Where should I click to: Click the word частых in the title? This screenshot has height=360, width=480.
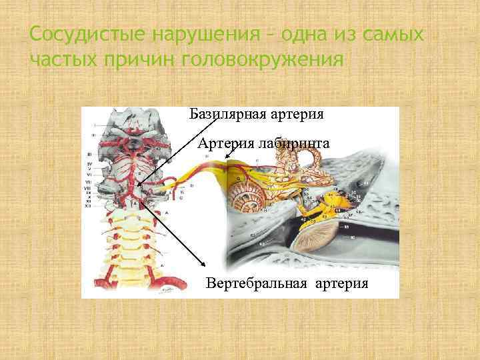64,59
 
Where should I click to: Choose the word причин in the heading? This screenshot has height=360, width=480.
143,59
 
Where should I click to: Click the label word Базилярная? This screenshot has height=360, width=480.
227,114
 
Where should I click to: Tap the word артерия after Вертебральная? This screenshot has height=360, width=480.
339,283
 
